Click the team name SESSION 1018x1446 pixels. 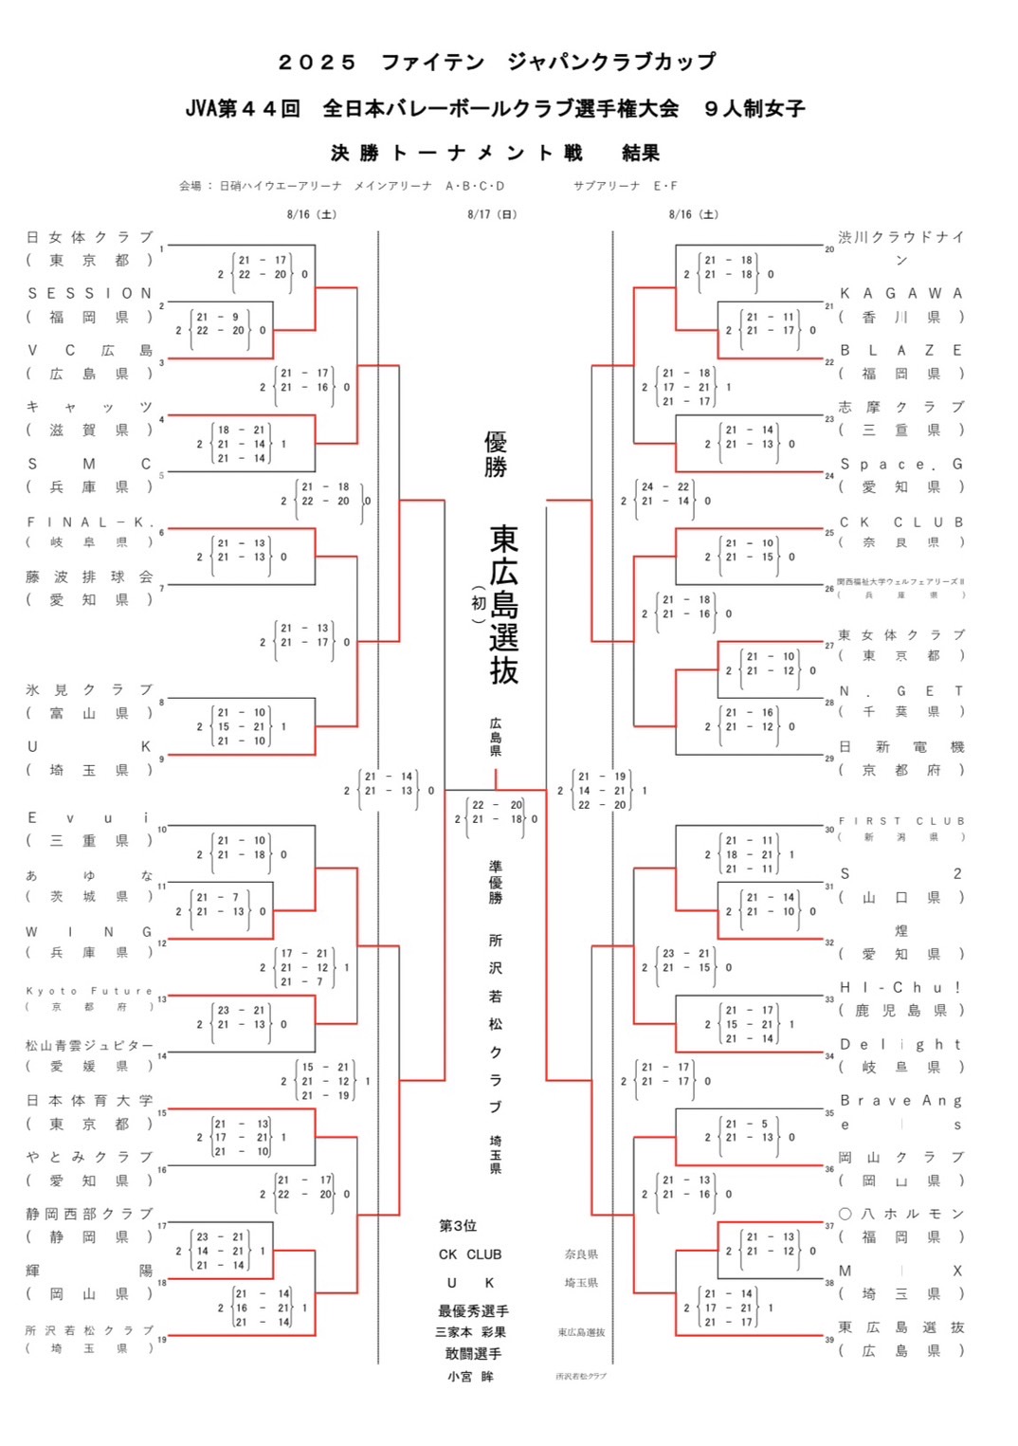click(89, 294)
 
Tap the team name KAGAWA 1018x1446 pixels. click(900, 294)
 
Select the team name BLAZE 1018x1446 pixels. click(900, 351)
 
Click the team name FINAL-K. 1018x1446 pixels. click(89, 522)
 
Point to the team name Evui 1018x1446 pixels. click(89, 817)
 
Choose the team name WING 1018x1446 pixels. click(89, 932)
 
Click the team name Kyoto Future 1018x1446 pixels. click(89, 991)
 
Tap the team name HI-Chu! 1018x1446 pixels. click(900, 988)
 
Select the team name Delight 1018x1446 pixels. click(900, 1045)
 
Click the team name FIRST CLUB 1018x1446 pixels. click(900, 821)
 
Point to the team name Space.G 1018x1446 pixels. click(900, 465)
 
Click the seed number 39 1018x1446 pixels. click(829, 1340)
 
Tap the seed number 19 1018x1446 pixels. click(162, 1340)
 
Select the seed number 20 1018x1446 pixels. click(829, 249)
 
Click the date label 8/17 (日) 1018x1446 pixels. click(492, 215)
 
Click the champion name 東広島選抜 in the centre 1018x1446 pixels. click(503, 604)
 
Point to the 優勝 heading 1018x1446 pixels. click(496, 454)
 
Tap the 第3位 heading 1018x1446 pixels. click(458, 1226)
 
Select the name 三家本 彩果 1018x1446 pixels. click(470, 1332)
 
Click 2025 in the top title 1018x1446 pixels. click(317, 63)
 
